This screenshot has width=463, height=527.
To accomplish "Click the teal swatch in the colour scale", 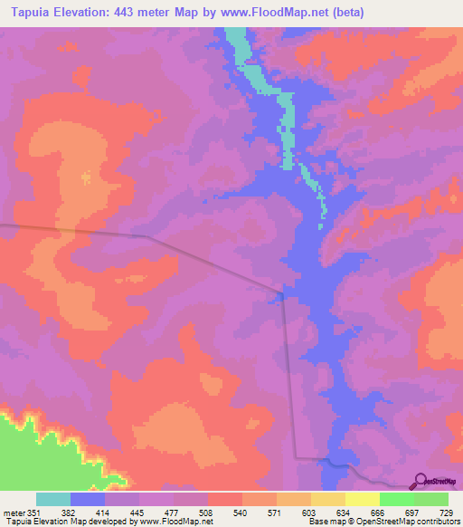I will [53, 499].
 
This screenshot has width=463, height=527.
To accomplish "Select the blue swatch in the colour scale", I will [88, 499].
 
